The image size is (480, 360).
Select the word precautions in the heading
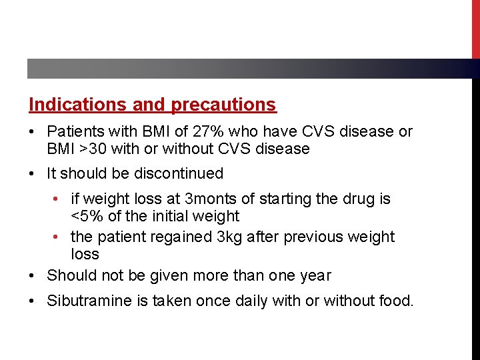click(x=223, y=105)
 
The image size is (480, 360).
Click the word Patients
click(x=73, y=132)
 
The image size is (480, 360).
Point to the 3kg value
click(x=229, y=237)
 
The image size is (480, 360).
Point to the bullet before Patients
click(x=33, y=132)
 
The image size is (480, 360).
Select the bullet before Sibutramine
click(x=33, y=301)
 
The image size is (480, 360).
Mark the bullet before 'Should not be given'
click(x=33, y=275)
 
